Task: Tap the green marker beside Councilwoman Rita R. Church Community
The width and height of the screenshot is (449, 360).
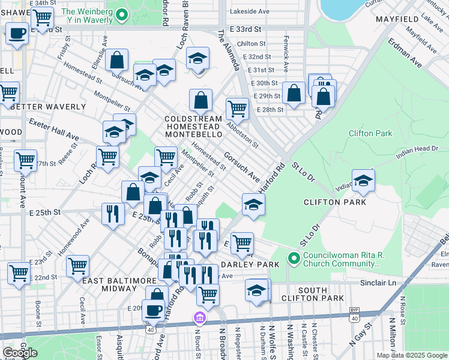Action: (x=294, y=259)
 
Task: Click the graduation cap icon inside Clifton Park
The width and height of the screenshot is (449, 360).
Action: (x=363, y=181)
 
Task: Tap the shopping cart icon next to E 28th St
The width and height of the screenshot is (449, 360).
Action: (x=237, y=109)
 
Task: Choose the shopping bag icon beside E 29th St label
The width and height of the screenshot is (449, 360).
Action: (x=294, y=93)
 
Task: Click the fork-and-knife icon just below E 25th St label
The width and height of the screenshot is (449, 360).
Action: (x=112, y=215)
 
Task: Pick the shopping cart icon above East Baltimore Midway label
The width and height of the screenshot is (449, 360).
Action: (x=78, y=266)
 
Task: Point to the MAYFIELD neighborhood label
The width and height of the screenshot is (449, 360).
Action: (x=397, y=20)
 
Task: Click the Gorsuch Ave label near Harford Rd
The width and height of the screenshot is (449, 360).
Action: (x=241, y=167)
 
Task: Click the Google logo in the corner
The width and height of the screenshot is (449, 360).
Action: (x=20, y=353)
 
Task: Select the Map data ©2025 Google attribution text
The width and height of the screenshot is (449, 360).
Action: (x=411, y=355)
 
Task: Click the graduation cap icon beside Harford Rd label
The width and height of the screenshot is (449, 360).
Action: (x=253, y=205)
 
